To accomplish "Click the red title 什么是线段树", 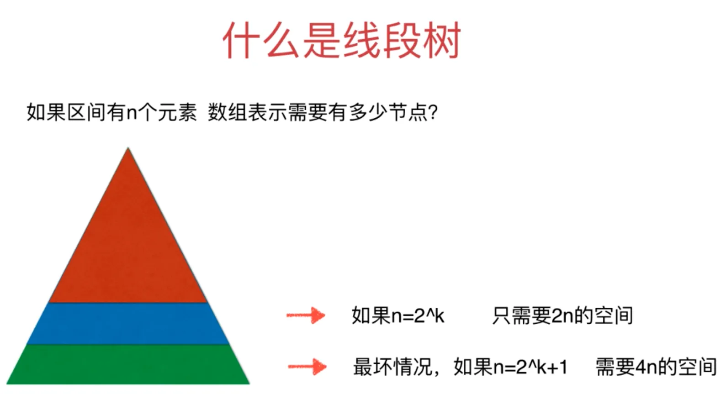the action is pyautogui.click(x=342, y=40).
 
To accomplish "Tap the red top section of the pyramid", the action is pyautogui.click(x=128, y=244).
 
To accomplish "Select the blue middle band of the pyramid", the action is pyautogui.click(x=128, y=324).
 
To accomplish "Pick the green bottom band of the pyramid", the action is pyautogui.click(x=128, y=364).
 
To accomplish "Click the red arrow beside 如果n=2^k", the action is pyautogui.click(x=306, y=315).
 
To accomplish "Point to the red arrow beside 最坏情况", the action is pyautogui.click(x=307, y=367).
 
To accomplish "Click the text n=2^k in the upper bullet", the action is pyautogui.click(x=418, y=315).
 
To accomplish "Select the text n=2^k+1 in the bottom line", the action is pyautogui.click(x=530, y=367).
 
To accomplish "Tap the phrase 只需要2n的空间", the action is pyautogui.click(x=562, y=315).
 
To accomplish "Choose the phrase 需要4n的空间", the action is pyautogui.click(x=656, y=367).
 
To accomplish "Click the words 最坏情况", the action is pyautogui.click(x=392, y=367).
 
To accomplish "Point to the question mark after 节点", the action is pyautogui.click(x=433, y=113).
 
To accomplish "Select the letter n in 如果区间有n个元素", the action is pyautogui.click(x=132, y=114).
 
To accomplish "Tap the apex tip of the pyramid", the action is pyautogui.click(x=128, y=147).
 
